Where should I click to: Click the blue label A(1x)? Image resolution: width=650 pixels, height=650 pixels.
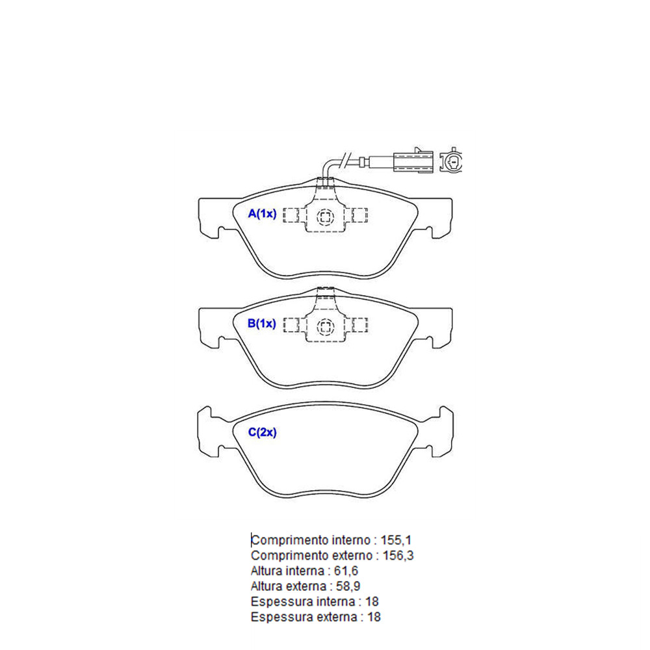coord(262,213)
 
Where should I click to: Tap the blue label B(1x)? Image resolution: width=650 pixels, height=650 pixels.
coord(261,323)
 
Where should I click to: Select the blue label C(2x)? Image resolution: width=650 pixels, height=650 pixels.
coord(262,432)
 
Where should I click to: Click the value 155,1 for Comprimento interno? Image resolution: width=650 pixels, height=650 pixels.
coord(396,540)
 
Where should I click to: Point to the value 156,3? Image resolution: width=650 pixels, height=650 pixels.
coord(398,556)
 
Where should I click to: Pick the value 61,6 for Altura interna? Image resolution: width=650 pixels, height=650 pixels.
coord(346,571)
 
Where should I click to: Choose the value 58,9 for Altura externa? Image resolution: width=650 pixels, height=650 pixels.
coord(348,586)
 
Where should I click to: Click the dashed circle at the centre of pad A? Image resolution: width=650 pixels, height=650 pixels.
coord(325,217)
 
